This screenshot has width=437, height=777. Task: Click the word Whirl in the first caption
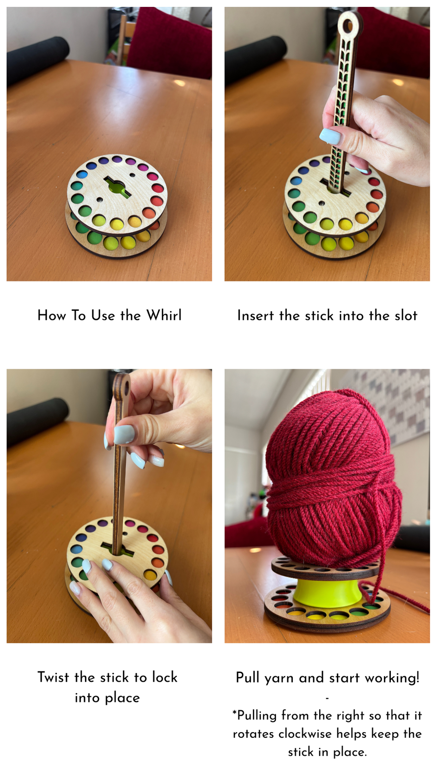pos(164,315)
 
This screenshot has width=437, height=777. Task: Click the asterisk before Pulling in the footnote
pos(235,713)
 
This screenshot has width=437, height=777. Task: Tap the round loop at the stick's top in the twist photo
pos(122,385)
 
